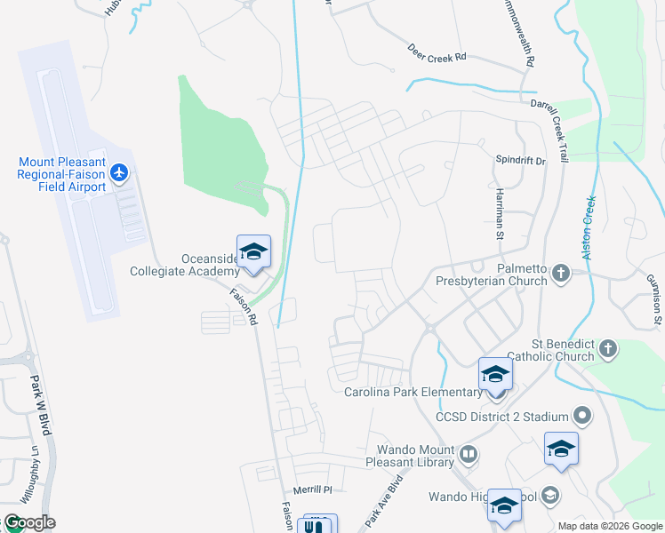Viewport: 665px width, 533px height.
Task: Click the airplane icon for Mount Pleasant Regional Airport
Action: tap(119, 171)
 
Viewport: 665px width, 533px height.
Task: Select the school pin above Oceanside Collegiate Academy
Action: tap(253, 251)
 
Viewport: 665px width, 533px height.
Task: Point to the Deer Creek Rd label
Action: tap(437, 53)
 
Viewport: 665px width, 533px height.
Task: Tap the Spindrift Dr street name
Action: tap(519, 159)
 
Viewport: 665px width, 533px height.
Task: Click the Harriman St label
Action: tap(500, 217)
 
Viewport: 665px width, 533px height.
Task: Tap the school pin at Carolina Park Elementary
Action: tap(495, 373)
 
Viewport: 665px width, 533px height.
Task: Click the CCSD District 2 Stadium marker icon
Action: tap(582, 416)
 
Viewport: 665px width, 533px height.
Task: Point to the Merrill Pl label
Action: tap(312, 489)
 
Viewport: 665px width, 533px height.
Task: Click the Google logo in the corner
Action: tap(29, 521)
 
